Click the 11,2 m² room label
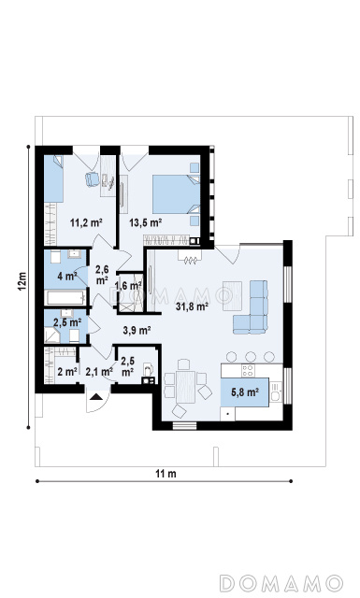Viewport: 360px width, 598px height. (86, 222)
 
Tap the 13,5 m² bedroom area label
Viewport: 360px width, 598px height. (146, 222)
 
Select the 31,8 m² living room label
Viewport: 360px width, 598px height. (192, 306)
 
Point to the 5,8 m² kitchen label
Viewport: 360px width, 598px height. (245, 392)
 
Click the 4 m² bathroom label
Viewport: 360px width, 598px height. (67, 276)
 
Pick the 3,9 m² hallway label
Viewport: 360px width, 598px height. (137, 330)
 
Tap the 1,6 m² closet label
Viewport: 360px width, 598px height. (129, 286)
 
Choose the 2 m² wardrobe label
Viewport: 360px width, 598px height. (67, 371)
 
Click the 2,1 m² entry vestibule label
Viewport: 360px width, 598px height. (99, 371)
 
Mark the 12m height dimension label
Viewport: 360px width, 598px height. (22, 281)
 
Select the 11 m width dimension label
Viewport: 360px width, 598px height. (166, 474)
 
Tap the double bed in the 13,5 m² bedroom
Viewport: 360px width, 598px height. (177, 194)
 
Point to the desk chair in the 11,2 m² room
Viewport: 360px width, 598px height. (92, 178)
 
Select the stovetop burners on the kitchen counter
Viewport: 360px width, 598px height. (248, 370)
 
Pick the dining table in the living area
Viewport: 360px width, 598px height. (185, 386)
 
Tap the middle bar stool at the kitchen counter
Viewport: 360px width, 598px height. (251, 357)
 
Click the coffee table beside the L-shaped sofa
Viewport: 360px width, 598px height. (233, 295)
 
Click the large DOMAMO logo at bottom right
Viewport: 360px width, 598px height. (281, 583)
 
